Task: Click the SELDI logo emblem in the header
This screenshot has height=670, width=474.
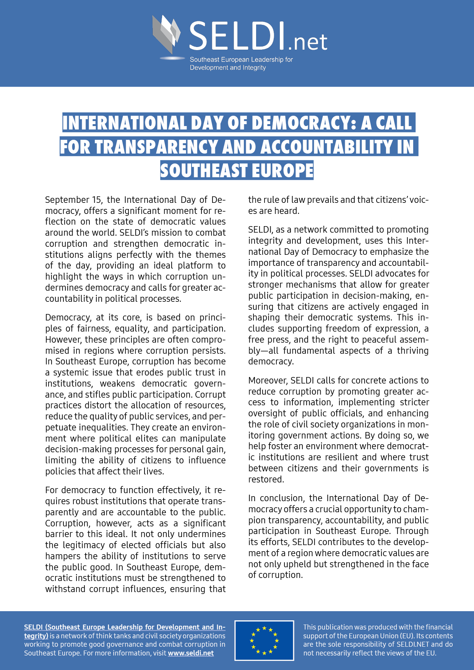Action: click(167, 34)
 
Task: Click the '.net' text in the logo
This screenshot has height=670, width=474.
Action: click(308, 42)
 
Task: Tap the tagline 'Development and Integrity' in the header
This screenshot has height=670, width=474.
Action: click(227, 68)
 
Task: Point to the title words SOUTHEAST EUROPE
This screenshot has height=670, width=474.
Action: click(237, 171)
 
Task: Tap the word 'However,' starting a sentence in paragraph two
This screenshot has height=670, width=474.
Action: click(63, 340)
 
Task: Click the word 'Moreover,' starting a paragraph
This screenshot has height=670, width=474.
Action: click(268, 380)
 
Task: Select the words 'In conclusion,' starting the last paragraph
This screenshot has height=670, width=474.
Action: click(277, 498)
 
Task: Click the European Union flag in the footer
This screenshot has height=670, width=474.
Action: click(264, 640)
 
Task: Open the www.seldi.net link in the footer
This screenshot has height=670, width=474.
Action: click(191, 653)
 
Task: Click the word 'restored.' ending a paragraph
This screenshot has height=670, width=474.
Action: click(266, 479)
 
